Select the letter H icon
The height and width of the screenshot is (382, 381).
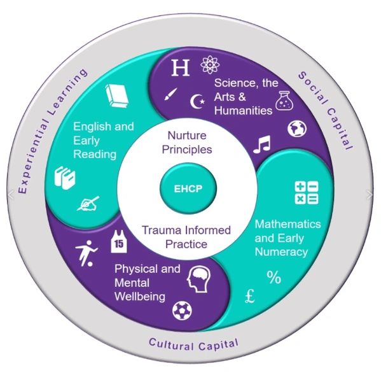pos(181,68)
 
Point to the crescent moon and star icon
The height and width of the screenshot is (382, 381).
pos(198,101)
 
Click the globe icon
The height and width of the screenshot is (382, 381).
pos(296,129)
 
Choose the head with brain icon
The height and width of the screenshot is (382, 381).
pos(199,278)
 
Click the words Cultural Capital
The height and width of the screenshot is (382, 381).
pos(193,344)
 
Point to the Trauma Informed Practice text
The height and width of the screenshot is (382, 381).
pos(186,236)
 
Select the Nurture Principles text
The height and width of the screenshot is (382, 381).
pos(190,143)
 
